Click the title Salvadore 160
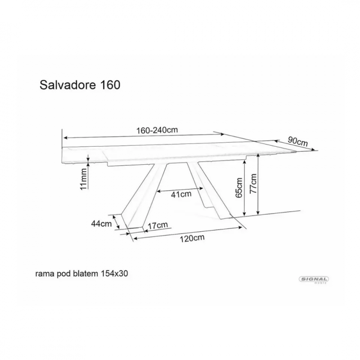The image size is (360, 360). [80, 85]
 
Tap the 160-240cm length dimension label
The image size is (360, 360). [157, 130]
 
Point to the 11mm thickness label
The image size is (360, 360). [84, 179]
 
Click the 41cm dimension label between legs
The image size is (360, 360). [181, 194]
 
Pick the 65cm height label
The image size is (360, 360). [239, 188]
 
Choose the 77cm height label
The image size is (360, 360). [253, 183]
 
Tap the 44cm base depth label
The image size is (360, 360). [102, 223]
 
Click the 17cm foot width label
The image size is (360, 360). [157, 225]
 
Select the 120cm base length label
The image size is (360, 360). [192, 238]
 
